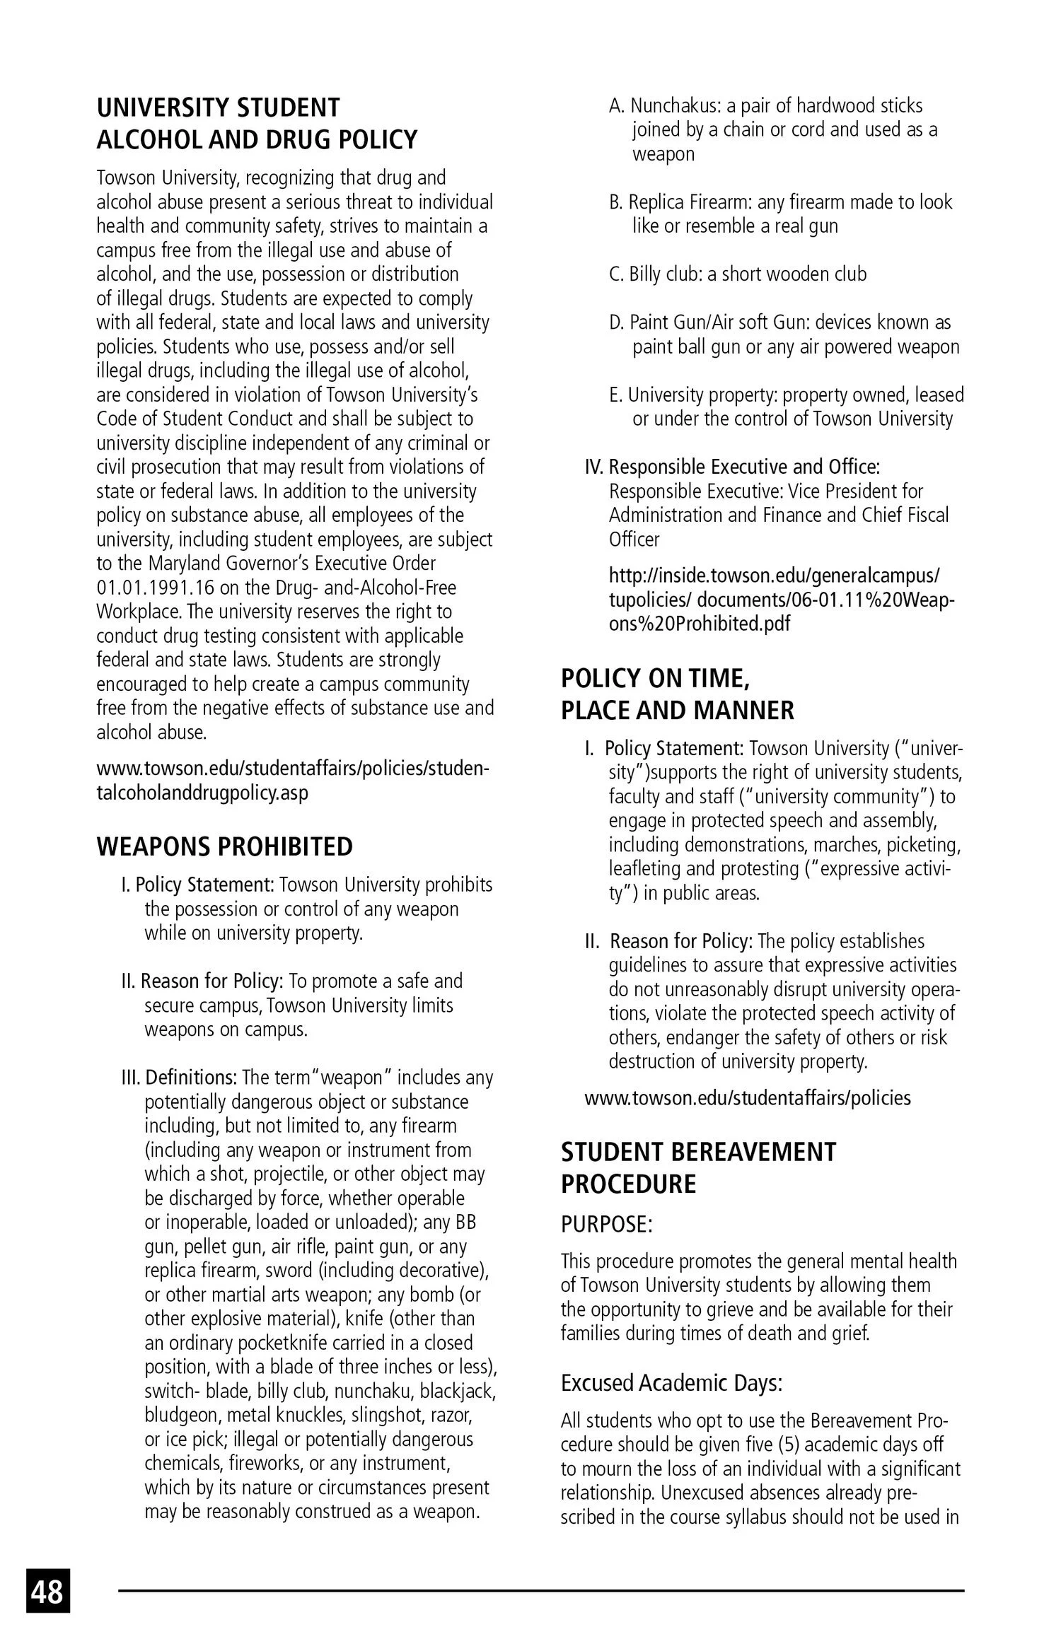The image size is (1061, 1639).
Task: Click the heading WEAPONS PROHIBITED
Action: tap(224, 846)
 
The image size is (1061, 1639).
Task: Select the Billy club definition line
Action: tap(738, 274)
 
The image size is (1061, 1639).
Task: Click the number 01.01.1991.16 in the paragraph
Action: tap(149, 588)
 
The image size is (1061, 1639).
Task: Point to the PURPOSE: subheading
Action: tap(606, 1225)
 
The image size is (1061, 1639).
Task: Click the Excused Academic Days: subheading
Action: tap(671, 1382)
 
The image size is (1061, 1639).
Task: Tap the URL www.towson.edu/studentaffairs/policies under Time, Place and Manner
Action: tap(747, 1097)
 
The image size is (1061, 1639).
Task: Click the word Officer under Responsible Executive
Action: tap(634, 539)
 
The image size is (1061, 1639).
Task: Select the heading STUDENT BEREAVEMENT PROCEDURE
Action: tap(698, 1167)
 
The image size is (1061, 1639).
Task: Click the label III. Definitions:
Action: tap(180, 1078)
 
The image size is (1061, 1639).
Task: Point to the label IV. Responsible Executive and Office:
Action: tap(732, 467)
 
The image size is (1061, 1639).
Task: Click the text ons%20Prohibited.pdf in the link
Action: tap(699, 624)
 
